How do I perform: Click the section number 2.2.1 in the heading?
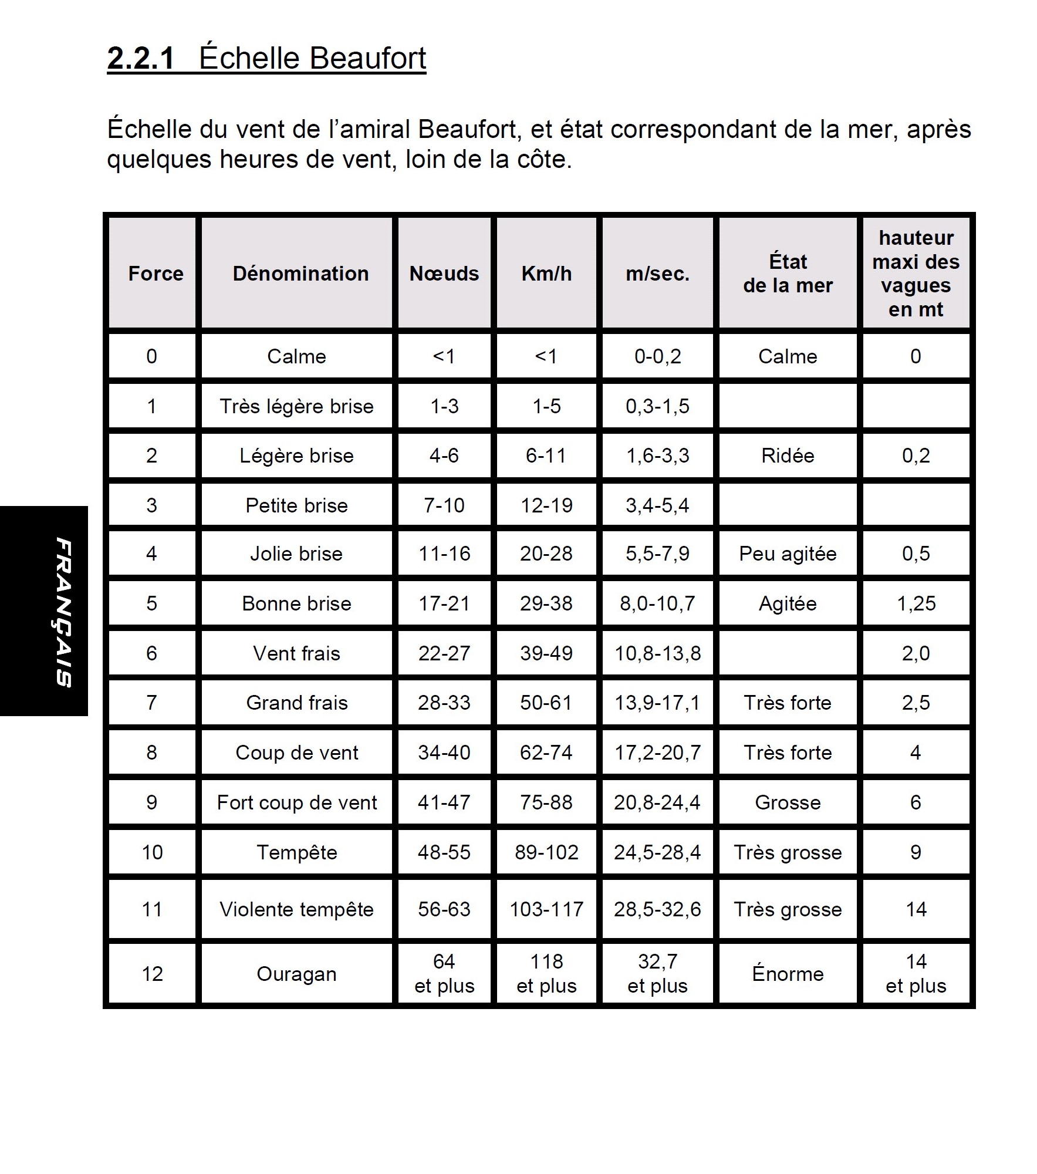(x=141, y=59)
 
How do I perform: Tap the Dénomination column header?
(x=300, y=274)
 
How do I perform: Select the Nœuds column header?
(x=444, y=274)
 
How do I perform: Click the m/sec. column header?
(x=657, y=274)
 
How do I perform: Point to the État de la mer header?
(x=788, y=274)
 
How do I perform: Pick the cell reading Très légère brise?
(x=296, y=406)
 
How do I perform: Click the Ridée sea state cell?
(x=788, y=456)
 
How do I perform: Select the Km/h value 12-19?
(x=546, y=505)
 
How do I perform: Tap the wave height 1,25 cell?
(x=916, y=603)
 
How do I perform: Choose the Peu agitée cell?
(x=788, y=554)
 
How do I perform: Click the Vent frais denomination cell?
(x=296, y=653)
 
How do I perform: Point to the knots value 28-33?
(x=444, y=703)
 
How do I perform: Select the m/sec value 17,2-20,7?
(x=657, y=753)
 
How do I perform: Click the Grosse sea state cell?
(x=788, y=802)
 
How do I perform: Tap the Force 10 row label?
(x=152, y=852)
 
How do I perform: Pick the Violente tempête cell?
(x=296, y=909)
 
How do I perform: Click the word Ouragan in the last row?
(x=296, y=974)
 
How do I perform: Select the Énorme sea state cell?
(x=788, y=974)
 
